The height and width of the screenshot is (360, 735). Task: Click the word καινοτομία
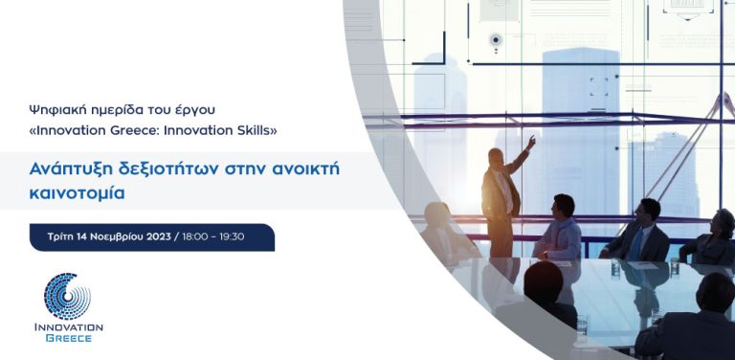point(77,192)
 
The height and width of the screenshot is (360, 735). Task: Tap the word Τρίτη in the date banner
point(62,236)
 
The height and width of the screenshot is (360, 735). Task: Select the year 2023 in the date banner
point(153,236)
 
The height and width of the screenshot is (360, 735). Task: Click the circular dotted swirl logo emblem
point(67,296)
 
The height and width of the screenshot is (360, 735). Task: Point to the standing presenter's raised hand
point(532,141)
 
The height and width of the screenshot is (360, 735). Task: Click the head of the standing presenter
point(496,157)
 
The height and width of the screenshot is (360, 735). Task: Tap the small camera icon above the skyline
point(496,40)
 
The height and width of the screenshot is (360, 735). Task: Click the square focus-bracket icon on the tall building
point(599,87)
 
